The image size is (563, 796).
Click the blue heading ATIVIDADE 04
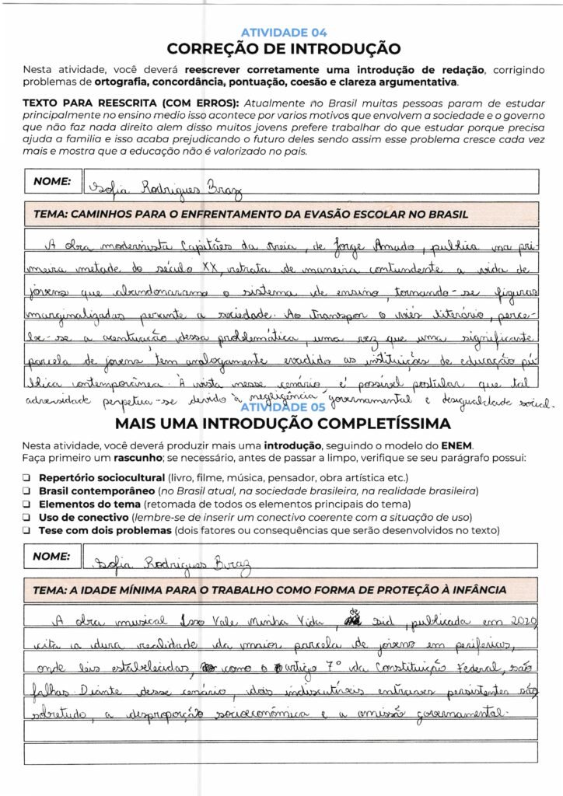click(x=284, y=33)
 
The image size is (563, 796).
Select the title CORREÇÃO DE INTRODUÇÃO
click(x=284, y=49)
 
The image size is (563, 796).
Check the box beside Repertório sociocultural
click(x=26, y=477)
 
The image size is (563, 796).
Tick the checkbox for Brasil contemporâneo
click(x=26, y=491)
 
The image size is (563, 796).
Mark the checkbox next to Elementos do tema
click(x=26, y=504)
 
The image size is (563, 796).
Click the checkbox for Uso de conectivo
click(x=26, y=518)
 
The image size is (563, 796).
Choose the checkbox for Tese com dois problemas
click(x=26, y=531)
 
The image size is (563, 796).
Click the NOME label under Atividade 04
click(x=52, y=181)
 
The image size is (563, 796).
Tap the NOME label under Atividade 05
click(x=52, y=556)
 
